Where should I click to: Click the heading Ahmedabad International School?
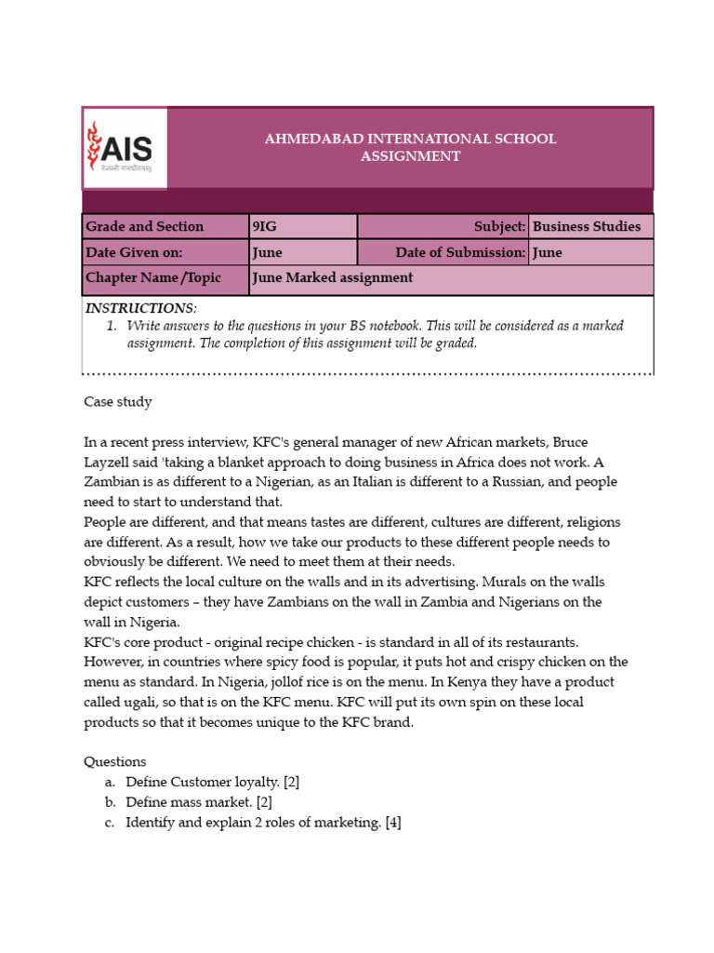pos(410,139)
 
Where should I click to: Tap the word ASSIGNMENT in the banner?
pos(410,156)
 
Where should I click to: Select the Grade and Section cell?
pos(165,226)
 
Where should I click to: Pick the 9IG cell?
pos(303,226)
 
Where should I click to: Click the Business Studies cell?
pos(589,226)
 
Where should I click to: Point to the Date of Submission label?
pos(460,252)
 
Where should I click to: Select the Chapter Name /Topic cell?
pos(165,278)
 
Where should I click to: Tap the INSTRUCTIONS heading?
pos(140,308)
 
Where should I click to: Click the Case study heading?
pos(118,402)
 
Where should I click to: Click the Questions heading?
pos(115,761)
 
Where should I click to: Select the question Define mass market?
pos(198,802)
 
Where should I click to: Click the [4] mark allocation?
pos(391,823)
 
